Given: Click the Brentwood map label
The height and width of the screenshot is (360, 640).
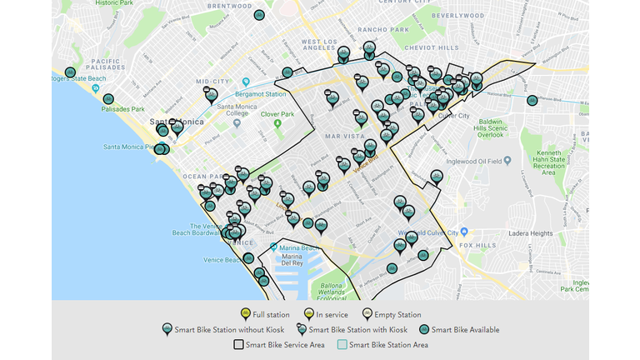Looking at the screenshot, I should tap(212, 5).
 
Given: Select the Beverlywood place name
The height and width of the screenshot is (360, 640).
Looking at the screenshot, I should tap(458, 16).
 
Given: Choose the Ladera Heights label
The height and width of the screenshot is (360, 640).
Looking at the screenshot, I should tap(529, 233).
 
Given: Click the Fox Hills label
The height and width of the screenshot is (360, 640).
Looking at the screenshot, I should tap(477, 246).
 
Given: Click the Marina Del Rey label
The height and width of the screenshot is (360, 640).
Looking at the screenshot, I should tap(292, 260).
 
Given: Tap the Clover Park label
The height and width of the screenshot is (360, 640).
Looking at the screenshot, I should tap(277, 113).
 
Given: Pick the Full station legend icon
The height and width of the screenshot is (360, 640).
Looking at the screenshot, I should tap(245, 314).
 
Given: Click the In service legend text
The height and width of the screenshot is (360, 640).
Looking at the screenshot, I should tap(332, 315).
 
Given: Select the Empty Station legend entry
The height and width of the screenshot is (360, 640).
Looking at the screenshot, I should tap(397, 315).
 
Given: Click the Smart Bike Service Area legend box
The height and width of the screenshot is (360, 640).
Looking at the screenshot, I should tap(238, 344).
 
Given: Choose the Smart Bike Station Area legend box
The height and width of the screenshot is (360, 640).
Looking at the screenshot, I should tap(342, 344).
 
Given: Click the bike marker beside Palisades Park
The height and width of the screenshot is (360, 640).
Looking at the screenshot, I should tap(107, 99).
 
